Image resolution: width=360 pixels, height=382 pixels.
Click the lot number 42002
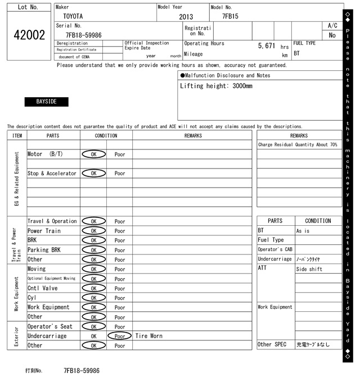[x=29, y=35]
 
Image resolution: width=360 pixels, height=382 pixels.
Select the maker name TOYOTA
[x=72, y=16]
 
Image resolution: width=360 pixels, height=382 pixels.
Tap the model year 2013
[x=186, y=17]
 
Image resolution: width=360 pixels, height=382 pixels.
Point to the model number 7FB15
[x=230, y=16]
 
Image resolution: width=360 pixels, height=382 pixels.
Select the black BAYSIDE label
[x=46, y=102]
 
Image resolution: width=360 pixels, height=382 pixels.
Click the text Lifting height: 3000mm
[x=216, y=86]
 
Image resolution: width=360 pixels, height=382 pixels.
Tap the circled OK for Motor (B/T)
[x=93, y=154]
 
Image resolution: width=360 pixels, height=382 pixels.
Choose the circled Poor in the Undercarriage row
[x=120, y=336]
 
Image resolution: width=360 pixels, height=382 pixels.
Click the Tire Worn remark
[x=149, y=336]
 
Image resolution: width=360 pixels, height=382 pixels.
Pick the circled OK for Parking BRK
[x=93, y=250]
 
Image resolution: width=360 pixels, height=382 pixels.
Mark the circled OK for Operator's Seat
[x=93, y=326]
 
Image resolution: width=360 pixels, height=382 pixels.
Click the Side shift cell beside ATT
[x=309, y=269]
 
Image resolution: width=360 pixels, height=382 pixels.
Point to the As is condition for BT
[x=303, y=231]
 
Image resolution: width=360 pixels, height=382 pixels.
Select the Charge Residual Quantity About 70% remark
[x=298, y=144]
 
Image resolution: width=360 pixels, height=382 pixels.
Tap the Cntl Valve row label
[x=42, y=288]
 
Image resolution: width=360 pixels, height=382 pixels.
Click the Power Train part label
[x=44, y=231]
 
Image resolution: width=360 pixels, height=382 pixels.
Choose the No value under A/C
[x=332, y=35]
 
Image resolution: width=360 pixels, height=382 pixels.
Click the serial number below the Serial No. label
[x=83, y=35]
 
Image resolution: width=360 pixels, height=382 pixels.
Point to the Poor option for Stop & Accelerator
[x=120, y=174]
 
